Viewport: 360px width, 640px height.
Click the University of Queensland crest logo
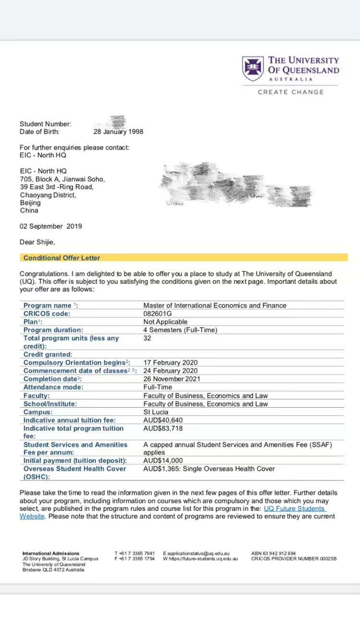coord(252,68)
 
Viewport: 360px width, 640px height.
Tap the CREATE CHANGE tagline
coord(290,92)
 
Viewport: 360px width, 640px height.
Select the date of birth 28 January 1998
coord(118,132)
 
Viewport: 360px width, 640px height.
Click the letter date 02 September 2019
coord(51,226)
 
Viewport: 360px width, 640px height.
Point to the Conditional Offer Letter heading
coord(62,258)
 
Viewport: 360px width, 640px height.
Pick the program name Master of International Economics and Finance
coord(215,305)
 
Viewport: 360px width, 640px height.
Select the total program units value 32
coord(147,338)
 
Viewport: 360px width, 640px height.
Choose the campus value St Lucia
coord(155,412)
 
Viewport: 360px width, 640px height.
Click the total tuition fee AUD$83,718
coord(163,429)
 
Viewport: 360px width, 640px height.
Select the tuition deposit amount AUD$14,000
coord(163,460)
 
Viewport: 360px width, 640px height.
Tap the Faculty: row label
coord(37,396)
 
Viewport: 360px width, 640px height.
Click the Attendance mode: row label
coord(53,387)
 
